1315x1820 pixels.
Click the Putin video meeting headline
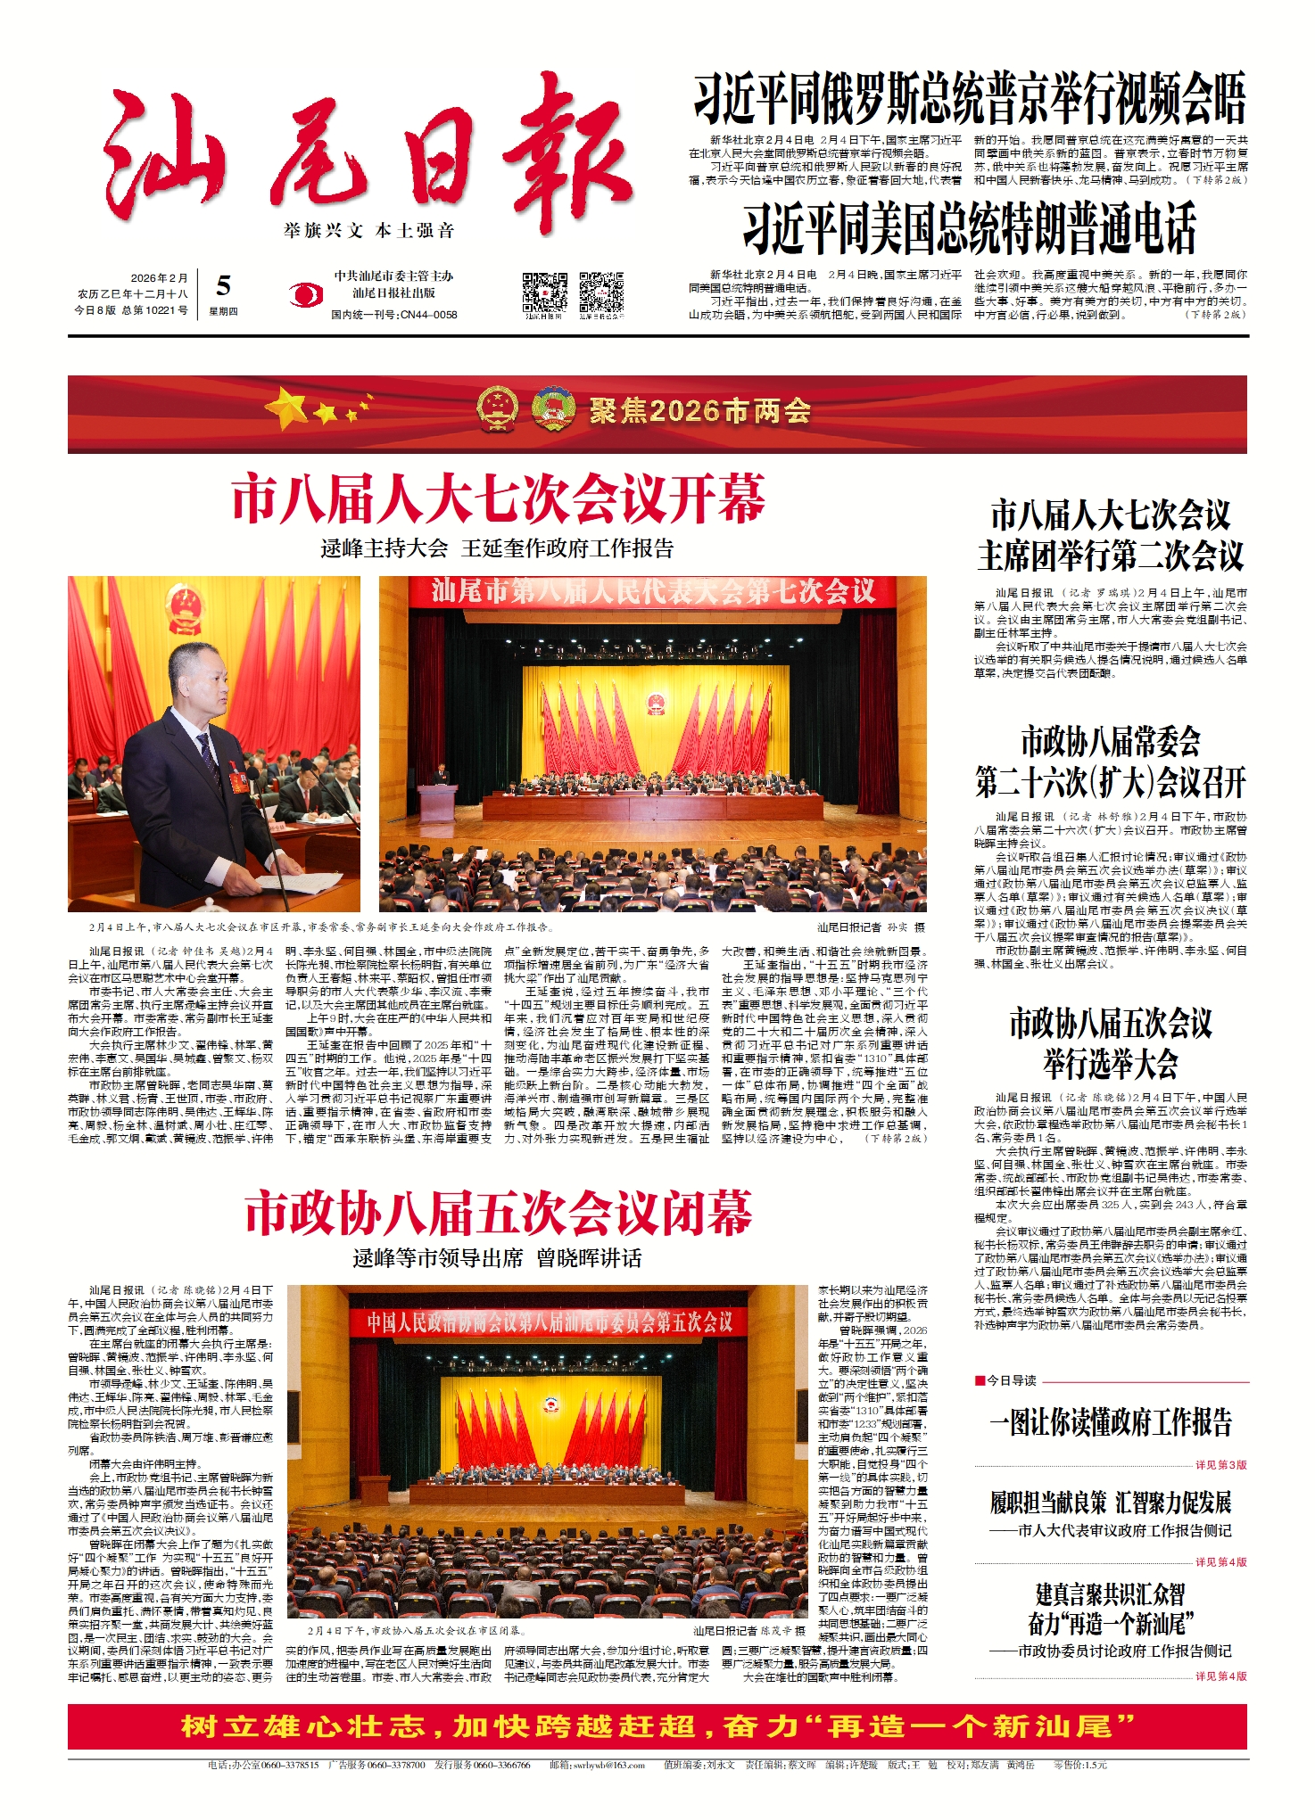pyautogui.click(x=969, y=100)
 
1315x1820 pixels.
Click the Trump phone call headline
pyautogui.click(x=969, y=228)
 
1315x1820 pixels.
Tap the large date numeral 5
pyautogui.click(x=223, y=285)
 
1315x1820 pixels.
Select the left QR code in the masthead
pyautogui.click(x=544, y=292)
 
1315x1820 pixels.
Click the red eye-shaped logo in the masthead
pyautogui.click(x=306, y=294)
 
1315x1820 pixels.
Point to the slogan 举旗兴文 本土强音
pyautogui.click(x=369, y=231)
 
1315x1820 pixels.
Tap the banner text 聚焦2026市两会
pyautogui.click(x=699, y=411)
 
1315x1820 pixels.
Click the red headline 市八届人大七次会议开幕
pyautogui.click(x=498, y=499)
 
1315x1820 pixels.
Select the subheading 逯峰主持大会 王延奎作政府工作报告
pyautogui.click(x=497, y=548)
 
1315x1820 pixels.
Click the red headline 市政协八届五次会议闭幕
pyautogui.click(x=498, y=1214)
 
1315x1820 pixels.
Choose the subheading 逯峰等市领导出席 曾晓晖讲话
pyautogui.click(x=497, y=1258)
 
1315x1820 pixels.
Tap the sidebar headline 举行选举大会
pyautogui.click(x=1111, y=1064)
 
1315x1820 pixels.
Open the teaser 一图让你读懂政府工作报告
pyautogui.click(x=1111, y=1421)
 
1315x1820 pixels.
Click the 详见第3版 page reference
pyautogui.click(x=1220, y=1465)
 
